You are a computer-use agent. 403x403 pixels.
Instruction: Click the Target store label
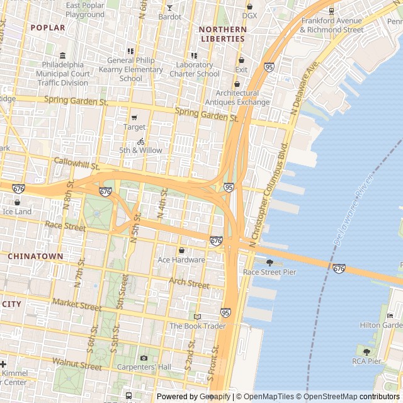[134, 127]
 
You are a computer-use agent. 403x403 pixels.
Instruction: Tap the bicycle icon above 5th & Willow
[141, 142]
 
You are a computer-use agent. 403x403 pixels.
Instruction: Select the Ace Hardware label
[181, 259]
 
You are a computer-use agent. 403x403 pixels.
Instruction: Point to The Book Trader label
[197, 326]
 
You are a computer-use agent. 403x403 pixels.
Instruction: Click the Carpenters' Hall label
[147, 366]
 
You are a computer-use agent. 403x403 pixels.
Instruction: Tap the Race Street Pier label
[270, 272]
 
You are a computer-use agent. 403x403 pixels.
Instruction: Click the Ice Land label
[17, 212]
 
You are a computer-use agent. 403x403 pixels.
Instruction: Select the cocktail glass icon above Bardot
[169, 8]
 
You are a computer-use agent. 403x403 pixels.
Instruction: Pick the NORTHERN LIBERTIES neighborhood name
[222, 34]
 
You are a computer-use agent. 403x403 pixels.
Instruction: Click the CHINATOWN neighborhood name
[35, 256]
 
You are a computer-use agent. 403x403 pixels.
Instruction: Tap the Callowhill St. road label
[77, 164]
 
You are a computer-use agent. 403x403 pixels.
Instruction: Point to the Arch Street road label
[189, 285]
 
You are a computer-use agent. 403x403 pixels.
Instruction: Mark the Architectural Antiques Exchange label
[237, 98]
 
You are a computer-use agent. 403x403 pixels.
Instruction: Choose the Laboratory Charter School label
[198, 69]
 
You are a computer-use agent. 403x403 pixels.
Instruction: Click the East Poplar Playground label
[85, 9]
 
